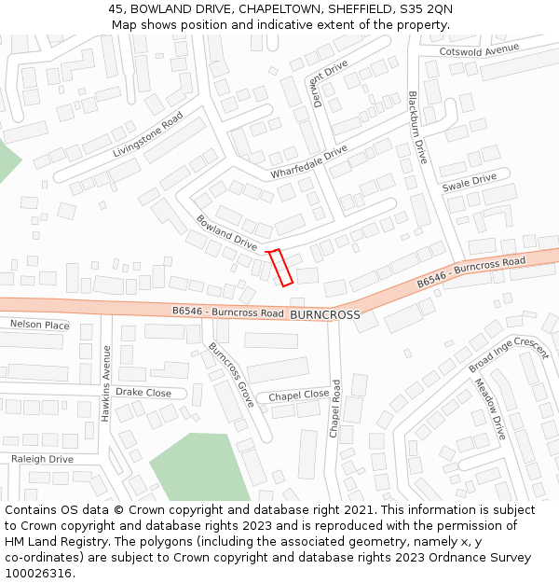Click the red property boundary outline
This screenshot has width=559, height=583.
click(x=280, y=267)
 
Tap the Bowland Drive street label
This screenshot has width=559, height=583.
click(x=226, y=232)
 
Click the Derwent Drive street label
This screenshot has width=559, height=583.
click(x=330, y=83)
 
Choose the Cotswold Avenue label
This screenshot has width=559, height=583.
click(x=478, y=50)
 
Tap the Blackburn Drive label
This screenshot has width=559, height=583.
click(x=416, y=128)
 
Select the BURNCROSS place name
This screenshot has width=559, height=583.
click(x=324, y=315)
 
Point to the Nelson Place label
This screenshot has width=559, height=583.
click(x=39, y=325)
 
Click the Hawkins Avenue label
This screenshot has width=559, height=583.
click(x=106, y=383)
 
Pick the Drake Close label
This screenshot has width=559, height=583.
click(x=143, y=393)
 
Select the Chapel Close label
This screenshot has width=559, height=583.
click(x=298, y=396)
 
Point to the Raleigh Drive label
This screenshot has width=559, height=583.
click(x=42, y=459)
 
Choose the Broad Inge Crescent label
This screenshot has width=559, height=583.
click(x=509, y=355)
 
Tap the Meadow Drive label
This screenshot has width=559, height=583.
click(x=488, y=409)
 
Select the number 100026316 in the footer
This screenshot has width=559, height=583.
click(x=37, y=573)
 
